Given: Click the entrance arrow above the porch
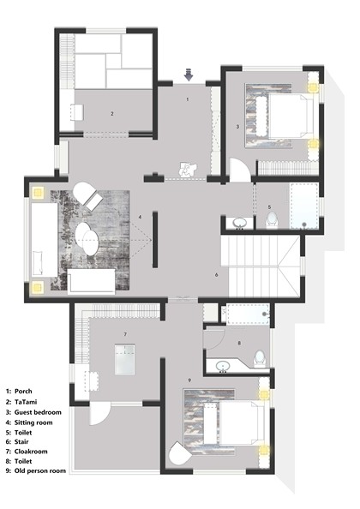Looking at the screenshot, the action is pyautogui.click(x=189, y=75).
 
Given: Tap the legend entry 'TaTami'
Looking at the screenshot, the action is pyautogui.click(x=26, y=402).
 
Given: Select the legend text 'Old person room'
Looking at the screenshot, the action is pyautogui.click(x=40, y=470).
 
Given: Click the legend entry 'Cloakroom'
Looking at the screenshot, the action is pyautogui.click(x=31, y=452).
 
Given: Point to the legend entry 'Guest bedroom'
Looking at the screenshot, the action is pyautogui.click(x=38, y=412).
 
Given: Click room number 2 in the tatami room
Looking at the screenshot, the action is pyautogui.click(x=112, y=114).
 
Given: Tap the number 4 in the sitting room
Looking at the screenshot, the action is pyautogui.click(x=141, y=217).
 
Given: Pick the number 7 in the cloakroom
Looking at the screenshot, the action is pyautogui.click(x=125, y=334).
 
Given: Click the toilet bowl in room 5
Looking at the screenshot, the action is pyautogui.click(x=272, y=220).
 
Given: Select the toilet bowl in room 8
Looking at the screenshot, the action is pyautogui.click(x=260, y=358).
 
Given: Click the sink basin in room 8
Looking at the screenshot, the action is pyautogui.click(x=223, y=366).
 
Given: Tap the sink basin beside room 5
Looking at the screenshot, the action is pyautogui.click(x=240, y=224).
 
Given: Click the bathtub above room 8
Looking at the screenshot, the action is pyautogui.click(x=248, y=314).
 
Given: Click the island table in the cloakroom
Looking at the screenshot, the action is pyautogui.click(x=124, y=360).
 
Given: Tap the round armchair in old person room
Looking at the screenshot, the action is pyautogui.click(x=179, y=453).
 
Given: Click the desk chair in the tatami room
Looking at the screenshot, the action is pyautogui.click(x=76, y=112).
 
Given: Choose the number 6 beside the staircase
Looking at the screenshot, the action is pyautogui.click(x=217, y=275).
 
